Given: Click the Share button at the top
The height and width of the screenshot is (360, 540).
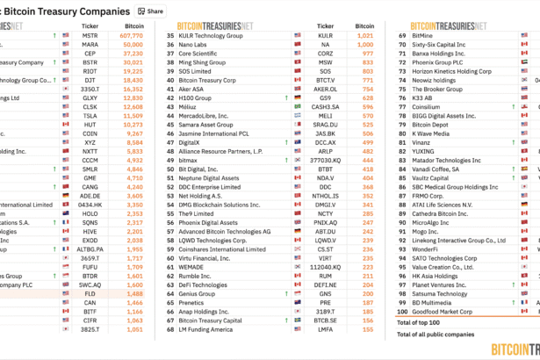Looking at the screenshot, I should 150,11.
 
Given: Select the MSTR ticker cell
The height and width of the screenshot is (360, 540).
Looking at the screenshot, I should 90,35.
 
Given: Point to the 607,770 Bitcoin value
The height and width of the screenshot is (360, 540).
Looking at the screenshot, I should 128,35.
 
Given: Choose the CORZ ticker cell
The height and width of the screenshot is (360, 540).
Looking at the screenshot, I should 325,54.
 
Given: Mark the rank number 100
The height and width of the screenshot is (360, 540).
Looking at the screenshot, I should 402,311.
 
